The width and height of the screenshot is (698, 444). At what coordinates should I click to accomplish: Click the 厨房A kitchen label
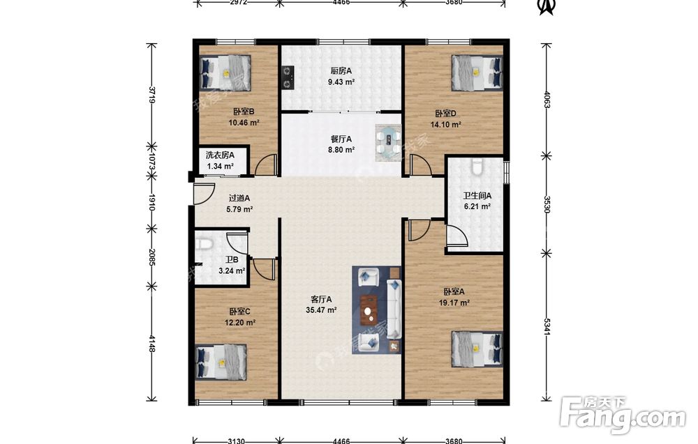(x=341, y=70)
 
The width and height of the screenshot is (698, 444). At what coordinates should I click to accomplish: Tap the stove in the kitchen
(x=288, y=77)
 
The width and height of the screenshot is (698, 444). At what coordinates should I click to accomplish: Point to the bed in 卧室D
(x=477, y=73)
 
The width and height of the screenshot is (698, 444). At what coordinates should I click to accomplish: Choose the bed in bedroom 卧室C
(x=221, y=362)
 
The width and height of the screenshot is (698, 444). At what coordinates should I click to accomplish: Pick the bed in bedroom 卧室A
(x=477, y=349)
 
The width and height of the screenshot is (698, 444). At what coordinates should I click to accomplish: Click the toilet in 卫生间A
(x=477, y=167)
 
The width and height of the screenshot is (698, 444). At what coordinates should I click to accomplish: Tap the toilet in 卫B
(x=205, y=244)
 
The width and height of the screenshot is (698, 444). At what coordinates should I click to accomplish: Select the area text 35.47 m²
(x=321, y=310)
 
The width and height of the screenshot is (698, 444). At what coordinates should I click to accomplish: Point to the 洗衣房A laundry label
(x=220, y=155)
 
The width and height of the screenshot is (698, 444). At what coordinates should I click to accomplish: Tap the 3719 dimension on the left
(x=152, y=95)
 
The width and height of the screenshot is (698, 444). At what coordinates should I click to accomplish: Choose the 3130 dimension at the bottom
(x=236, y=441)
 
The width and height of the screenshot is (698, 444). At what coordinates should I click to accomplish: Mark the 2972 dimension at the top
(x=238, y=2)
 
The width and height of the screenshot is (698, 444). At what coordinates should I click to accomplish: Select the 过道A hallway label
(x=239, y=198)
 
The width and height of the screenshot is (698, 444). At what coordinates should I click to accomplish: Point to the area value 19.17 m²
(x=454, y=303)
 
